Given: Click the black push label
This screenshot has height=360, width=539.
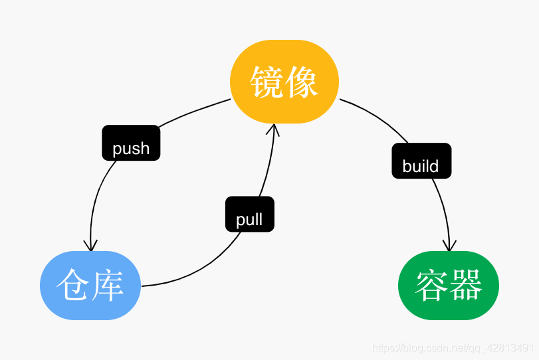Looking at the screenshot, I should (131, 143).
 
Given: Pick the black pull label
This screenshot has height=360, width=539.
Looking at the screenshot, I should (249, 214).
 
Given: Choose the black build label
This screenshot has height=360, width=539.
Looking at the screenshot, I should (421, 161).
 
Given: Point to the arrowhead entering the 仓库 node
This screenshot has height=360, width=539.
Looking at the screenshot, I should (90, 246).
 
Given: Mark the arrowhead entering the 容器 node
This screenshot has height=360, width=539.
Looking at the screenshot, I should (449, 246).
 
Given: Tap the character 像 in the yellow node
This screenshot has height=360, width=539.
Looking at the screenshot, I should (302, 82).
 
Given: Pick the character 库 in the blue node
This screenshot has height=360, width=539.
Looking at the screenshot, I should (108, 286).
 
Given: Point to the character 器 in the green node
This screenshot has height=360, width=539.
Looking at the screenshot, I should (467, 286).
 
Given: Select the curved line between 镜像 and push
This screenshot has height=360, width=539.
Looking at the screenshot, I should (193, 112).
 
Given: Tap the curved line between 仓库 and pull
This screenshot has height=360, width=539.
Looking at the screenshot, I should (199, 272).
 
